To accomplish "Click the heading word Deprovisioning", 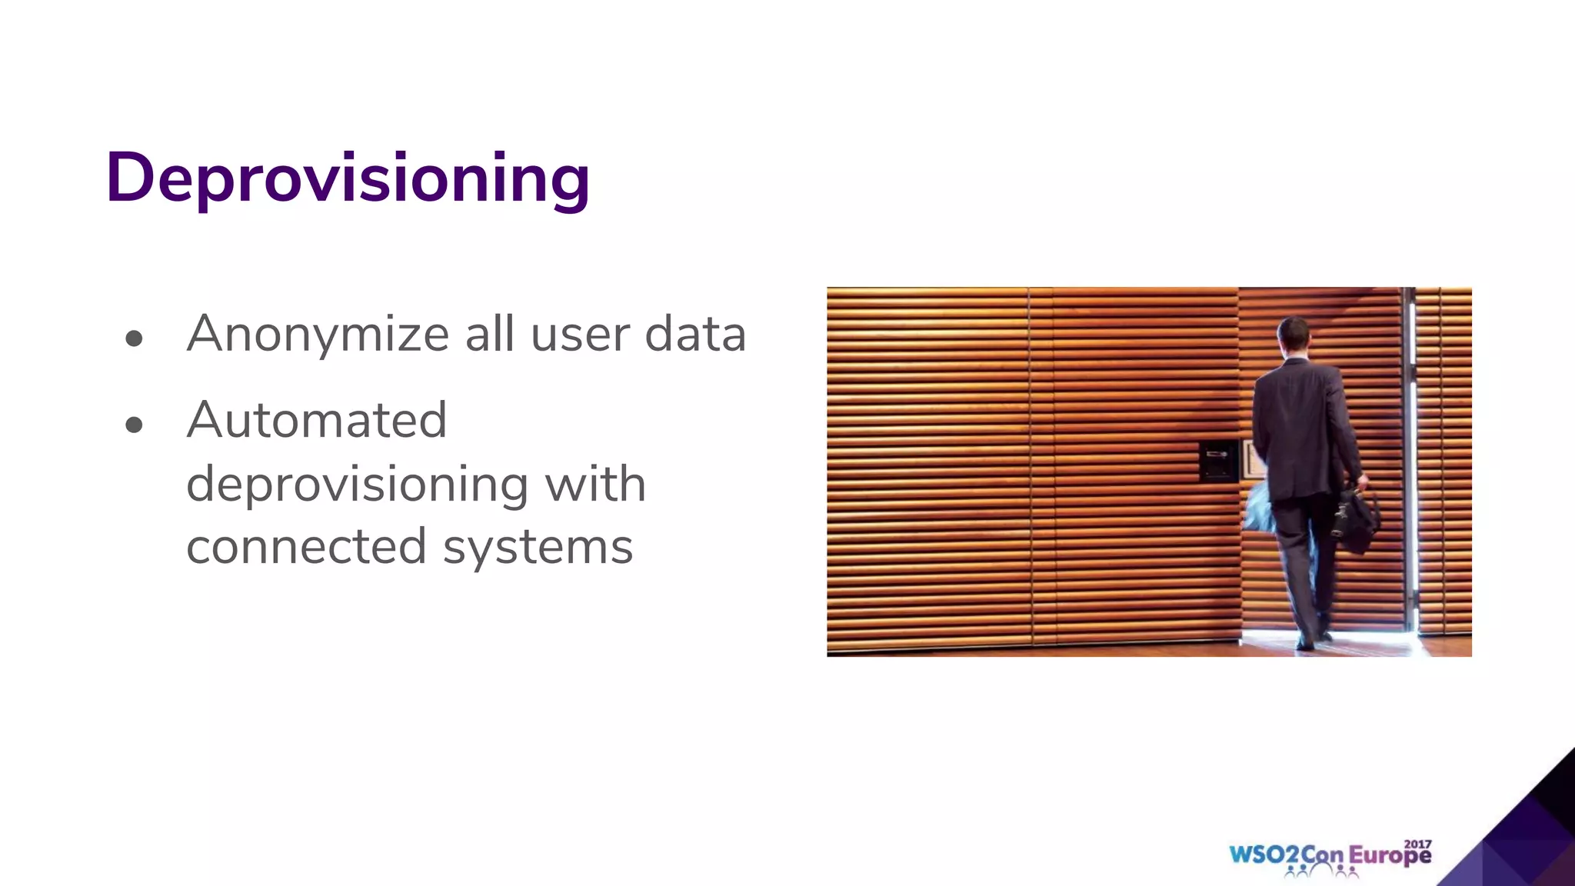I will pos(348,178).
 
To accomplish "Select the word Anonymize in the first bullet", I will pos(318,335).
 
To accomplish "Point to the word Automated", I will pos(316,421).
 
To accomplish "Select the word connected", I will pos(305,547).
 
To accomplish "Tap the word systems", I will pos(538,548).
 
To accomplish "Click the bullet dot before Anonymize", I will pos(134,338).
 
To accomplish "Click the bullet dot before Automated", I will pos(134,425).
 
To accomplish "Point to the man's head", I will pos(1294,332).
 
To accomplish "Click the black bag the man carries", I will pos(1358,519).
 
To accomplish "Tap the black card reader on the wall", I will pos(1217,460).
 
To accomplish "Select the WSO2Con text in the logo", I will pos(1286,855).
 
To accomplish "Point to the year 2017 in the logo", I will pos(1418,844).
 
